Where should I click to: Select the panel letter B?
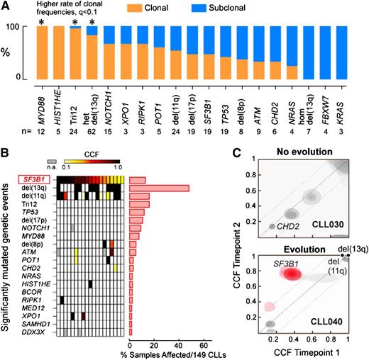tap(5, 150)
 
